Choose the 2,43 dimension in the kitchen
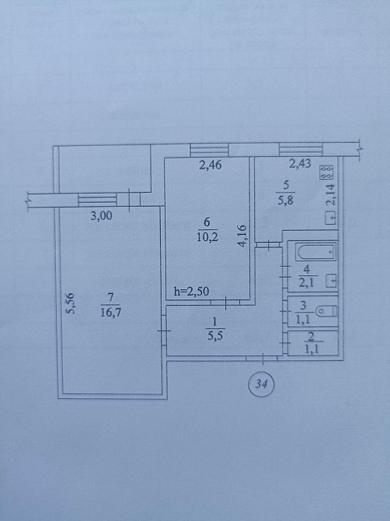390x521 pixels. tap(301, 164)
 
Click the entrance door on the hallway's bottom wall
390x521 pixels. tap(264, 358)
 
